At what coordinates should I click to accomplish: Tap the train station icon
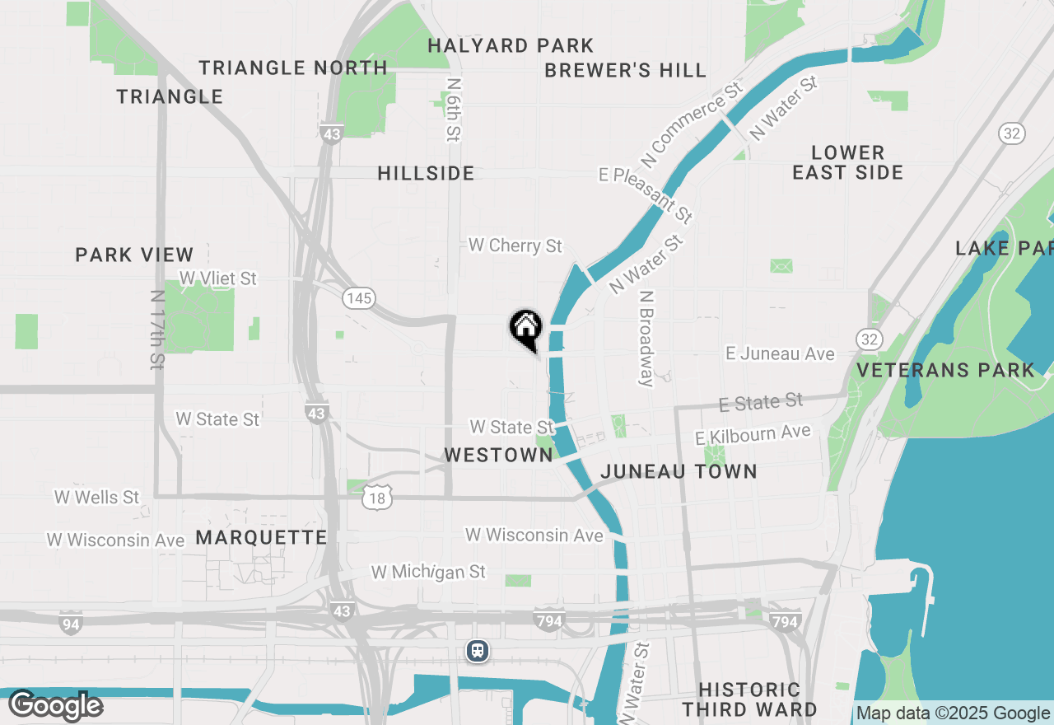(478, 651)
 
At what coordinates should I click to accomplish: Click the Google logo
(56, 705)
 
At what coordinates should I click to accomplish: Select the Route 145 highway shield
(359, 297)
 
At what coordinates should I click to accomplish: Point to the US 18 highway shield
(377, 497)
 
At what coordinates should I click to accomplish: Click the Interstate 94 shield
(71, 624)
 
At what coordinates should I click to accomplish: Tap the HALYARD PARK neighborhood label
(511, 45)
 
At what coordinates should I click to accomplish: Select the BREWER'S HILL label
(626, 70)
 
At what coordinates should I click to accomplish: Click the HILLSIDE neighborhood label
(426, 173)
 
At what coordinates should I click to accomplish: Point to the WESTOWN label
(498, 455)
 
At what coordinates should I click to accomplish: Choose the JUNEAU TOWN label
(679, 471)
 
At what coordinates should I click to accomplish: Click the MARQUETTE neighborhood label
(261, 537)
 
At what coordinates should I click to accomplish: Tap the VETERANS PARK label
(945, 370)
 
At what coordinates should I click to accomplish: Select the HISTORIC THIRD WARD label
(749, 699)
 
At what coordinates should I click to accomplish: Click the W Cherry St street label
(515, 246)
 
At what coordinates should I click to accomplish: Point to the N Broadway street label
(646, 338)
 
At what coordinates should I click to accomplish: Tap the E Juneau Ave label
(780, 353)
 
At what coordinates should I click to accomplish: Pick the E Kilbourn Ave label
(753, 434)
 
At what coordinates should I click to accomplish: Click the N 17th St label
(157, 329)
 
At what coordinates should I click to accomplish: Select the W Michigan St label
(428, 572)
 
